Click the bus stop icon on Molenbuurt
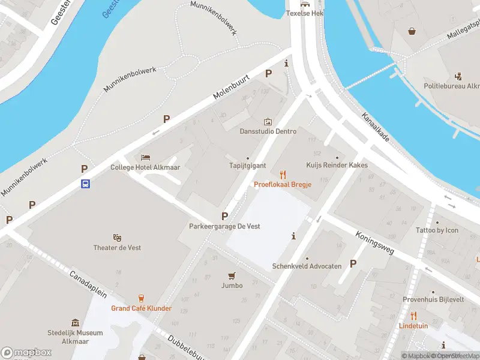[x=86, y=184]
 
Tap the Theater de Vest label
[x=118, y=248]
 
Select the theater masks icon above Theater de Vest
[x=118, y=238]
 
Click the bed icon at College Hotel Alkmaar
[x=145, y=157]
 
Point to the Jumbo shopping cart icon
[x=232, y=275]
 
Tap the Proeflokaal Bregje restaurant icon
[x=283, y=175]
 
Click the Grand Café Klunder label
[x=141, y=308]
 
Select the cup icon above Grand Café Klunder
[x=141, y=298]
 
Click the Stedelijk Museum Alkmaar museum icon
[x=75, y=323]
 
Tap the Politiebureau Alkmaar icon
[x=459, y=76]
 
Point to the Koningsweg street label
[x=374, y=242]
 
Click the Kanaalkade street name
[x=376, y=127]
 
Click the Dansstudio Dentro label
[x=268, y=131]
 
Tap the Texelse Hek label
[x=305, y=13]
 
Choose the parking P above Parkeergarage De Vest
[x=225, y=216]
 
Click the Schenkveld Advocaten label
[x=307, y=266]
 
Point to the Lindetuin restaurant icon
[x=413, y=316]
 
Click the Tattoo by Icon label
[x=437, y=230]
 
